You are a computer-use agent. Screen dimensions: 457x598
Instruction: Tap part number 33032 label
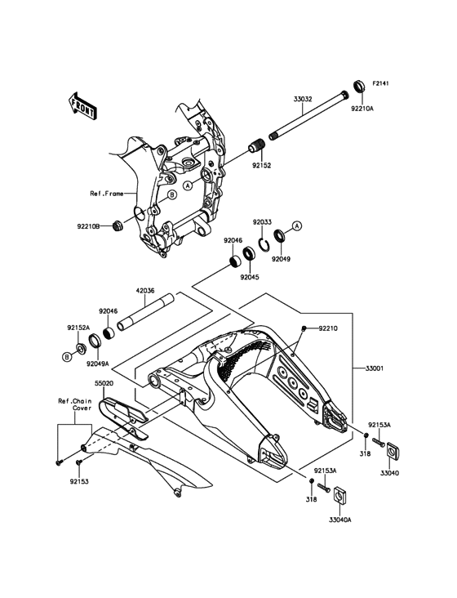pos(303,99)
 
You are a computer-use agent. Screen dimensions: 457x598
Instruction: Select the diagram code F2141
pos(380,83)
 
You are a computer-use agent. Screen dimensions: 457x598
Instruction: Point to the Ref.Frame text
pos(107,194)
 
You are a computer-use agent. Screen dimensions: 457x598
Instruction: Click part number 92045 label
pos(250,277)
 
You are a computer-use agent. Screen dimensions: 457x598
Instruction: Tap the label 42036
pos(145,291)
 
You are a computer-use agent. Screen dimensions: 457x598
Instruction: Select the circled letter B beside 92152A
pos(67,357)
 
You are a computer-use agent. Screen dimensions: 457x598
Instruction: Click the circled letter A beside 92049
pos(297,225)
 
